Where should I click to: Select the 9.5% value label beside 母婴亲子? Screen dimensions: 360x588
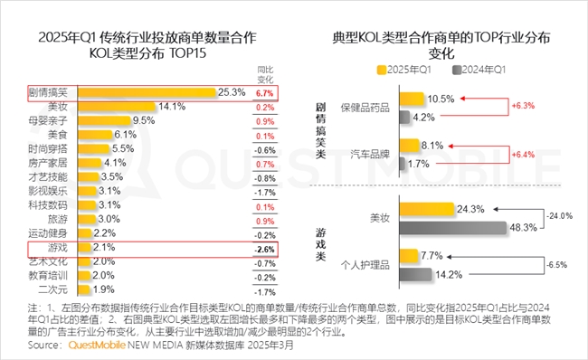(145, 120)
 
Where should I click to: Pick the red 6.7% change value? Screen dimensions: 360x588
(265, 92)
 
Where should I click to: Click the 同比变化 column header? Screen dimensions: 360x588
(265, 73)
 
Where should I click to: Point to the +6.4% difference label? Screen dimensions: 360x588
(525, 155)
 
